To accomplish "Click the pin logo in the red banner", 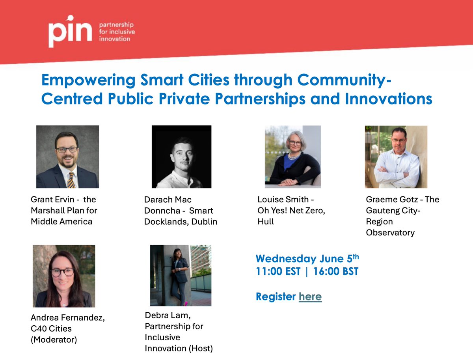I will coord(70,32).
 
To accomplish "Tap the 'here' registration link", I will coord(310,297).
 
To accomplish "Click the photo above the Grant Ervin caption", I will coord(67,157).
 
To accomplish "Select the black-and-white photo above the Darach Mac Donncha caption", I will coord(181,157).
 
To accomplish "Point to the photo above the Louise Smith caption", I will coord(293,157).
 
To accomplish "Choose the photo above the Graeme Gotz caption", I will coord(396,157).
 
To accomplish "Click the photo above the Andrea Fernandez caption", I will coord(64,276).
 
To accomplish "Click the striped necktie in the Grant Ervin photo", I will coord(71,180).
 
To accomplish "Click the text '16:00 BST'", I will coord(335,272).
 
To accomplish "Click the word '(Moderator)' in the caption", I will coord(54,339).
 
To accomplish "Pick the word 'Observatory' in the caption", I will coord(390,233).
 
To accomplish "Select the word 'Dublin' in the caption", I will coord(204,222).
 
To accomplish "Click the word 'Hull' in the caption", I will coord(265,222).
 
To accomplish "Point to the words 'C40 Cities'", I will coord(51,328).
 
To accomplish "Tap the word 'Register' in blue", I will coord(276,297).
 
